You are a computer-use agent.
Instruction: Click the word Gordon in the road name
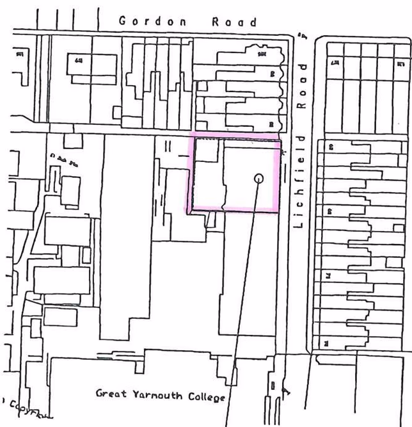click(153, 21)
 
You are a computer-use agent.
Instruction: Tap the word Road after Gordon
click(234, 21)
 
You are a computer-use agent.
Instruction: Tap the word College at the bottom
click(207, 397)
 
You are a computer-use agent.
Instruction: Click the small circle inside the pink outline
click(258, 179)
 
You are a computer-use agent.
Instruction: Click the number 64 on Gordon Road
click(79, 60)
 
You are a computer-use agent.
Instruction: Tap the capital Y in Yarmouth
click(134, 394)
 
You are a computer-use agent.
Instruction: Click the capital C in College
click(190, 396)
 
